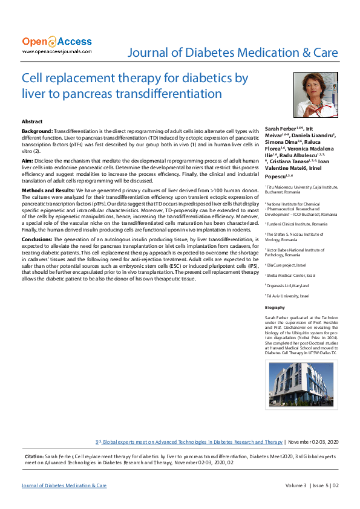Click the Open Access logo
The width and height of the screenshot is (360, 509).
point(57,42)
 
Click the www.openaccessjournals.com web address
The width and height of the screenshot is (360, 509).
point(57,51)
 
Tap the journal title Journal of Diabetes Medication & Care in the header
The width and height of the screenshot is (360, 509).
point(232,53)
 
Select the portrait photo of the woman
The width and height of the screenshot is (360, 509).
point(315,95)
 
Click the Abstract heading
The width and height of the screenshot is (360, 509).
point(32,122)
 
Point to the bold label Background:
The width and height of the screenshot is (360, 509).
point(37,131)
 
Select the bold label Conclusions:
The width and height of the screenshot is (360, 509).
point(39,241)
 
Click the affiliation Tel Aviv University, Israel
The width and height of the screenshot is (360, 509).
point(288,296)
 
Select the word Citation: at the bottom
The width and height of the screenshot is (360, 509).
point(33,456)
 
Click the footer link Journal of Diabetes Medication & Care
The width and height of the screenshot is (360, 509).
point(64,485)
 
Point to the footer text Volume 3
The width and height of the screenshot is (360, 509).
point(296,485)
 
